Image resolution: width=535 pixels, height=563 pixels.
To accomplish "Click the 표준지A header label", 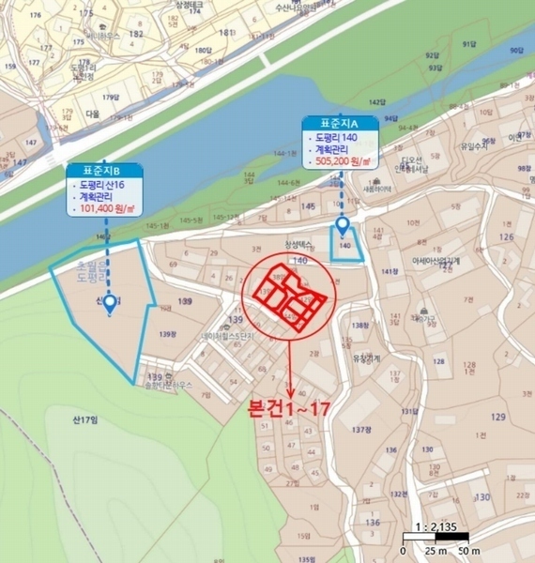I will (x=340, y=123).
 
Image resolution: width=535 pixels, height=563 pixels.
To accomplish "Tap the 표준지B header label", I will (x=105, y=171).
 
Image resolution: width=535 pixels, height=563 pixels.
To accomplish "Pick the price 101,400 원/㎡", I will (x=109, y=208).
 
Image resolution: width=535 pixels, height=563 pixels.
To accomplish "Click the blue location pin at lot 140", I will (x=343, y=225).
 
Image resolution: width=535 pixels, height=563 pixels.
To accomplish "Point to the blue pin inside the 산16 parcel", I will (x=110, y=303).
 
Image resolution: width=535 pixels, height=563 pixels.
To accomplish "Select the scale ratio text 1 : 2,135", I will (x=435, y=527).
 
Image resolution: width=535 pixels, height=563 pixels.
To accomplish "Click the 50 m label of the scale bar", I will (x=468, y=551).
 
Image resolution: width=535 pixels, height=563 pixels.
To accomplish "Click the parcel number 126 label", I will (x=507, y=236).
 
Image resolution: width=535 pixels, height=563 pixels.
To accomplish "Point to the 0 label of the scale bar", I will (x=403, y=551).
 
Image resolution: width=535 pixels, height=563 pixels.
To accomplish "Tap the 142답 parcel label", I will (x=377, y=101).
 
